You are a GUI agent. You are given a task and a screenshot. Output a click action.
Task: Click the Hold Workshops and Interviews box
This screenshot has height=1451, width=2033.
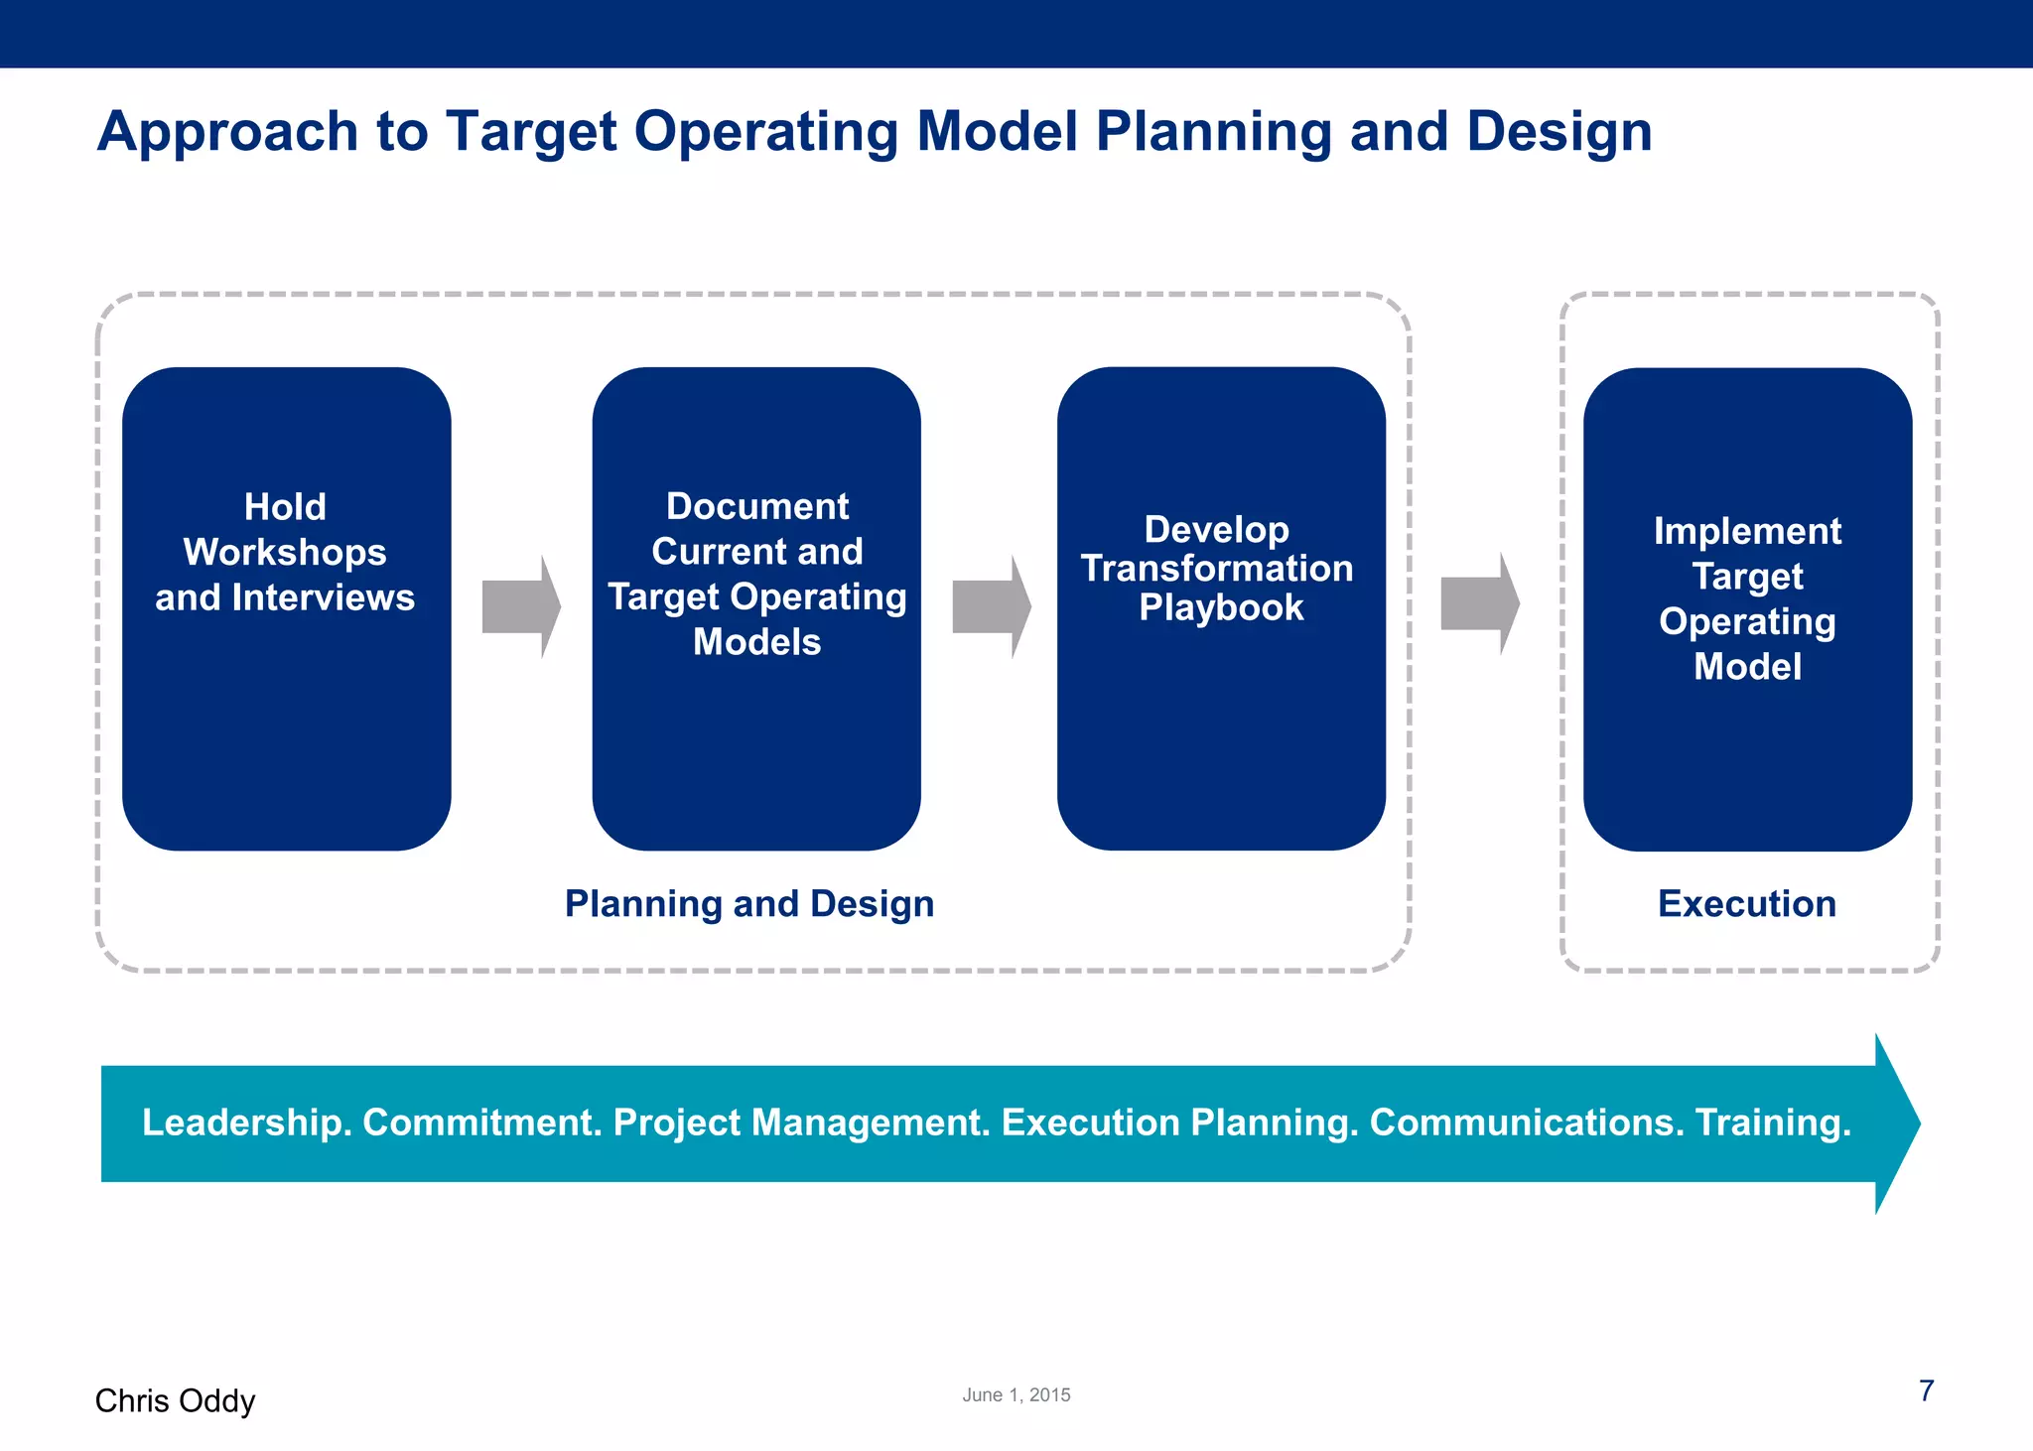[286, 607]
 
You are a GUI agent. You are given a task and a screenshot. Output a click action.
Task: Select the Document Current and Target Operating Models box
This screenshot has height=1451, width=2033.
[756, 607]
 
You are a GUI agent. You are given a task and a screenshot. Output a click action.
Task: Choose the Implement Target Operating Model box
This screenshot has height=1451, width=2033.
[1747, 607]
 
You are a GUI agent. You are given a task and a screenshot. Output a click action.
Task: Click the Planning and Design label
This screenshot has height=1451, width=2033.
[749, 904]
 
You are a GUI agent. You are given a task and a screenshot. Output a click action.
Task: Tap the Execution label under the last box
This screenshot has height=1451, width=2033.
[1747, 904]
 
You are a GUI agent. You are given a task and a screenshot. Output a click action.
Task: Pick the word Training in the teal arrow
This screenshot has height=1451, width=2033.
[1772, 1122]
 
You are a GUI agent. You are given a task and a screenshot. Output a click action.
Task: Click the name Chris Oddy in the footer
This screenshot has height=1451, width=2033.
[175, 1400]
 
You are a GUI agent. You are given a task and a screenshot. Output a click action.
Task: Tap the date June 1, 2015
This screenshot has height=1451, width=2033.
[1016, 1394]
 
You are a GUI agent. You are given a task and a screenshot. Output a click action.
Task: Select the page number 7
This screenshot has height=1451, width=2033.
[1926, 1390]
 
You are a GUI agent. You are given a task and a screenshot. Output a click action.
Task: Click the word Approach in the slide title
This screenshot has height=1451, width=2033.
[227, 132]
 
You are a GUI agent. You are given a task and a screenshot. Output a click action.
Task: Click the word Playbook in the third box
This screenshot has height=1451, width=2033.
[1221, 607]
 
